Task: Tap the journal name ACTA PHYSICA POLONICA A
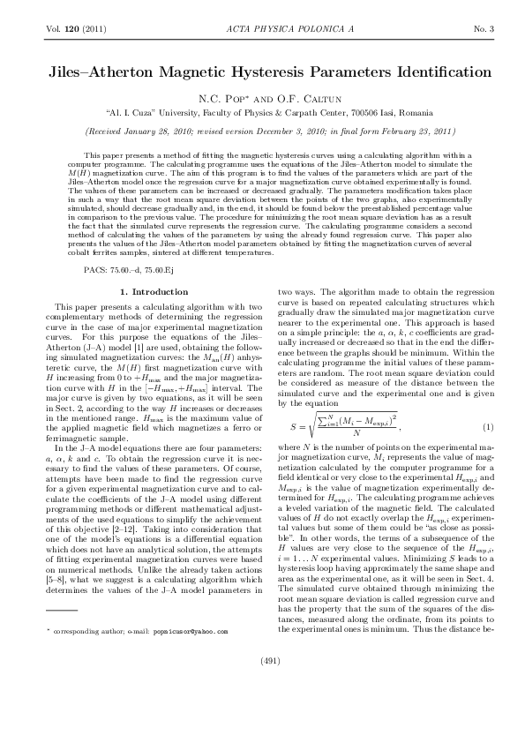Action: click(x=262, y=29)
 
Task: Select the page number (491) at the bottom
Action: click(x=262, y=685)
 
